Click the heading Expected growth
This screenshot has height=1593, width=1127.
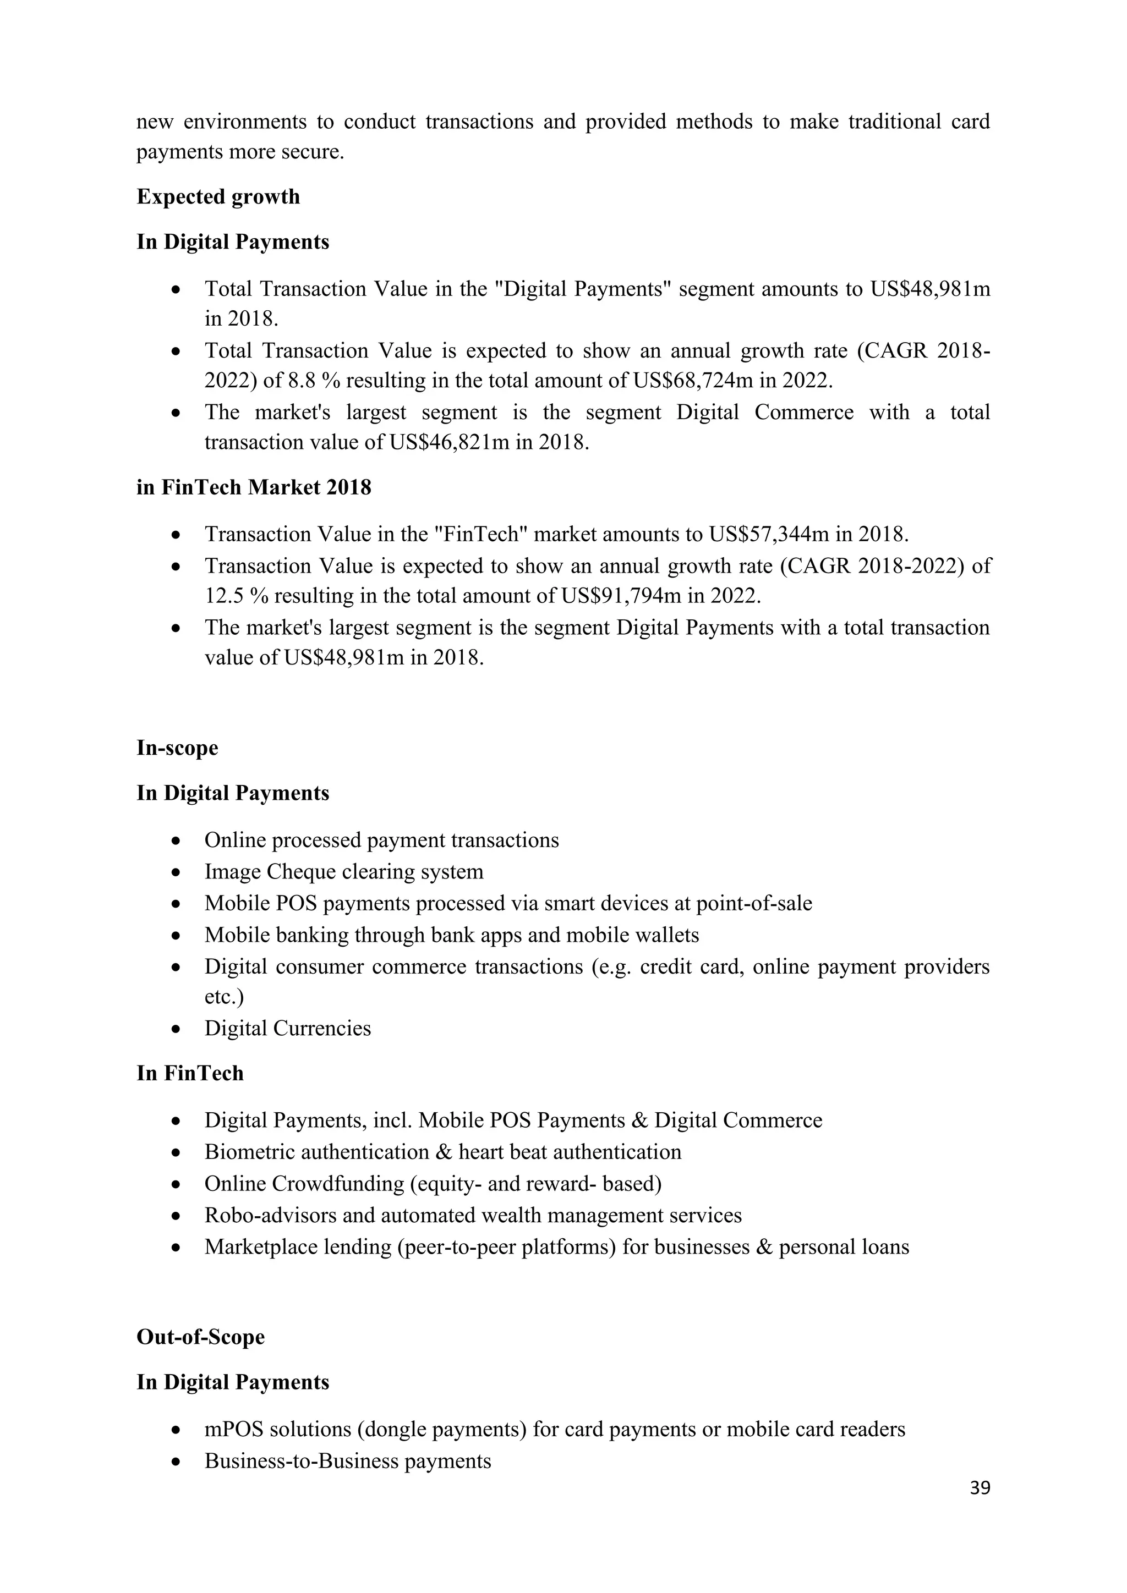click(x=218, y=197)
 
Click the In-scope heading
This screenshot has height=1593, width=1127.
click(x=177, y=748)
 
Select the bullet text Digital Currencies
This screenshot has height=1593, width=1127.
click(x=287, y=1028)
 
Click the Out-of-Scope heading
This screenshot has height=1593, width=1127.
click(x=200, y=1337)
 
